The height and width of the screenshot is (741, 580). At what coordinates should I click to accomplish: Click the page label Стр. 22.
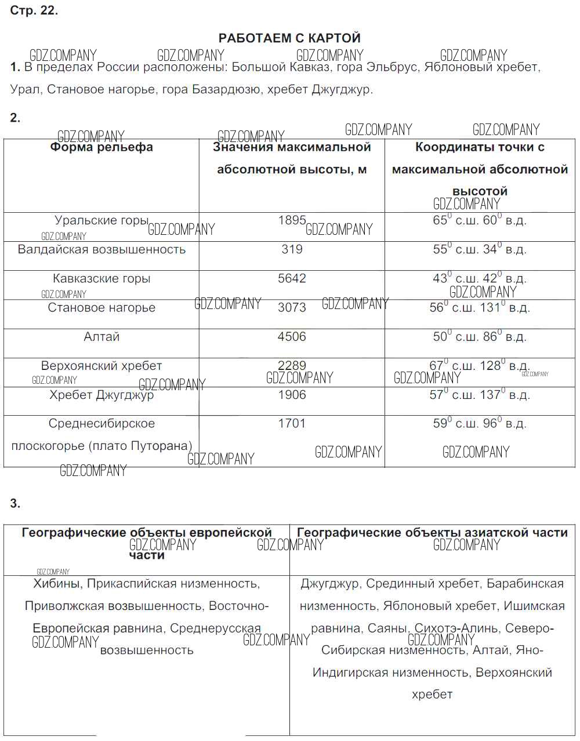coord(34,11)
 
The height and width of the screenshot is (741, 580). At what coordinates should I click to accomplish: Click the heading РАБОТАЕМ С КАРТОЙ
coord(289,38)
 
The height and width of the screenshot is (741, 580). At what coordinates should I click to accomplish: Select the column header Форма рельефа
coord(101,147)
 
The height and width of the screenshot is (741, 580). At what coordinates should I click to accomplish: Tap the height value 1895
coord(292,220)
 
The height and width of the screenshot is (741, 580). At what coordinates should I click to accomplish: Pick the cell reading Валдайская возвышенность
coord(101,249)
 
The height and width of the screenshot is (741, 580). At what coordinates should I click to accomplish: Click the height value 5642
coord(292,278)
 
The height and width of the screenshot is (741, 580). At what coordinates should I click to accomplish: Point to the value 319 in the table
coord(292,249)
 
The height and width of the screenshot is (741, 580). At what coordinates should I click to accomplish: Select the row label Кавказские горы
coord(101,279)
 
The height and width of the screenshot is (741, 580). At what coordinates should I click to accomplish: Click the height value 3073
coord(292,307)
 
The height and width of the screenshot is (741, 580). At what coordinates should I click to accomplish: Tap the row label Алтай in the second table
coord(101,337)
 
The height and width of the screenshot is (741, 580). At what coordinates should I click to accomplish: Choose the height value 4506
coord(292,337)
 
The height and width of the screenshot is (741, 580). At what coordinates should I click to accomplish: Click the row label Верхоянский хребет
coord(101,366)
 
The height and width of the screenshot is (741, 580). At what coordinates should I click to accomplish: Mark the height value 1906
coord(292,395)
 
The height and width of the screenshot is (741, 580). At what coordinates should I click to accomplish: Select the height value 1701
coord(292,423)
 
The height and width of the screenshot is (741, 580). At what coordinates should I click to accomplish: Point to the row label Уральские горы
coord(101,220)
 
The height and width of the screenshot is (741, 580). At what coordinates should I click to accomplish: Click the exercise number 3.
coord(15,503)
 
